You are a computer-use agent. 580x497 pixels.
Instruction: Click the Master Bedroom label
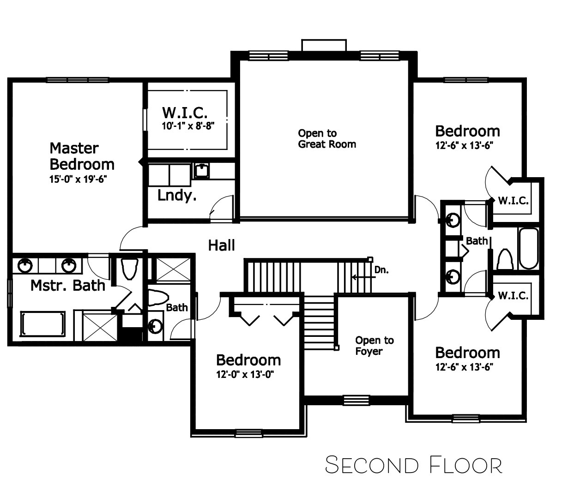point(82,156)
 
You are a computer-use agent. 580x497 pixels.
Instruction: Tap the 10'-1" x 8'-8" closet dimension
point(188,126)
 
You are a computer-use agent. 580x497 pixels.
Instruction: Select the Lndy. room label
point(177,195)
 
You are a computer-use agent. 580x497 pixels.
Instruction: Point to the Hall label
point(221,246)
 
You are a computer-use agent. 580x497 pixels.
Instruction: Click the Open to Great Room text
point(327,138)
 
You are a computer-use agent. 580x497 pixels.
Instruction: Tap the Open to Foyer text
point(375,346)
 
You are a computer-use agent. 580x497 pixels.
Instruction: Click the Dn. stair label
point(381,270)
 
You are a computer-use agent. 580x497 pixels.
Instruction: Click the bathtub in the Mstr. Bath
point(42,324)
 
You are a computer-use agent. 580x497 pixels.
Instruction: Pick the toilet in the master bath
point(129,269)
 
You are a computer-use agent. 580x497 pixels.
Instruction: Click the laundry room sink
point(202,170)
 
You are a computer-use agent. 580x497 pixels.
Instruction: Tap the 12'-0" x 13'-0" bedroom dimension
point(245,374)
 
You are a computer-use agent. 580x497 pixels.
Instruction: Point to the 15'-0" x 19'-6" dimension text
point(79,179)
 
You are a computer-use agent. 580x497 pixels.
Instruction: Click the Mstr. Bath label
point(68,286)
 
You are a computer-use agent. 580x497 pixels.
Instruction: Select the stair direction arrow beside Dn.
point(364,277)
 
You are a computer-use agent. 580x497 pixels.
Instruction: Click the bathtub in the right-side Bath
point(529,248)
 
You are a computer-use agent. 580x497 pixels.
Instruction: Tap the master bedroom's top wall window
point(78,80)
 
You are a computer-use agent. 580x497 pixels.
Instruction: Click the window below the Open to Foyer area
point(356,400)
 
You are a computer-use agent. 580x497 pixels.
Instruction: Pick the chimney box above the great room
point(324,45)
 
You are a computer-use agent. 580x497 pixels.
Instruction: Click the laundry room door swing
point(221,207)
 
